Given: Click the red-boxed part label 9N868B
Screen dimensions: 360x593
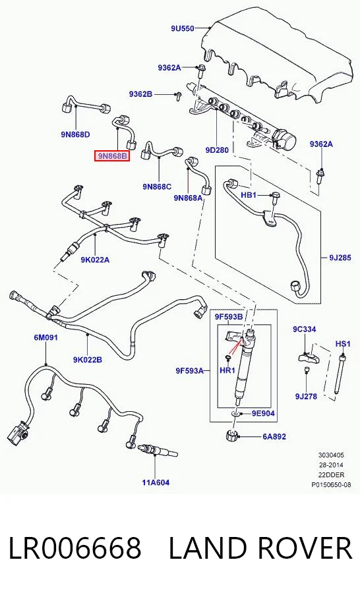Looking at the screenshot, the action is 111,155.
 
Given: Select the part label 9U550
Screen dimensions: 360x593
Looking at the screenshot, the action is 182,28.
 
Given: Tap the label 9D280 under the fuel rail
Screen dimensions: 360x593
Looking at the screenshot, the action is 217,150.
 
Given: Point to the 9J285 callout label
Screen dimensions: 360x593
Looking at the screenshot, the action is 340,258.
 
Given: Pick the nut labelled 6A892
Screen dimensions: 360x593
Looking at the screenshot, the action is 231,436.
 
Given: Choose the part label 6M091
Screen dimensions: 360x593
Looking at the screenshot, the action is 45,337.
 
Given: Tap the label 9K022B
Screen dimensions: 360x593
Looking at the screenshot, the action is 88,360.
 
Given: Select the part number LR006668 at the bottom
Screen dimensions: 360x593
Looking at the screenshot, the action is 75,548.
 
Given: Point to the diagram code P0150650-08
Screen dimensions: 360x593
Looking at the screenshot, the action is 331,484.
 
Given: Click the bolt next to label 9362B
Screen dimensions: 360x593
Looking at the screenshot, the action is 177,95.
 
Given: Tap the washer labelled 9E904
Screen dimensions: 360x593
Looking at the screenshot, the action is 236,414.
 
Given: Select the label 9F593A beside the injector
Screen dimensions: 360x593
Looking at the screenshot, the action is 190,371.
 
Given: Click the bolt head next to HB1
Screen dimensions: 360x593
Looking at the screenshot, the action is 275,196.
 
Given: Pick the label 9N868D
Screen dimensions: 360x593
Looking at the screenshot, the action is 75,134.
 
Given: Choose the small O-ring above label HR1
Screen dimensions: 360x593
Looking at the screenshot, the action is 227,357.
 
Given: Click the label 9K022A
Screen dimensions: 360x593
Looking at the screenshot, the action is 95,260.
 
